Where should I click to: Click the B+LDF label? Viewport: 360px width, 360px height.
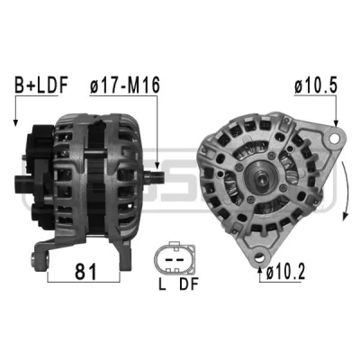coord(41,85)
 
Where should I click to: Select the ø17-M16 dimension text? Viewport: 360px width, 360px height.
coord(125,85)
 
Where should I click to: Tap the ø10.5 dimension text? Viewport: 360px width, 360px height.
coord(316,85)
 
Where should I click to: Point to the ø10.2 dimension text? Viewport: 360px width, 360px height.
coord(285,272)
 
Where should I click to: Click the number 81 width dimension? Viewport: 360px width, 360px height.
coord(85,272)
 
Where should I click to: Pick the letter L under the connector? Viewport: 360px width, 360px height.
coord(162,284)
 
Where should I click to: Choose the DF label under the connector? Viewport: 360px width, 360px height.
coord(189,284)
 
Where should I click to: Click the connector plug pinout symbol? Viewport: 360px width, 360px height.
coord(175,257)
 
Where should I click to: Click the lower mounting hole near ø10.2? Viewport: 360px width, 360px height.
coord(260,257)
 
